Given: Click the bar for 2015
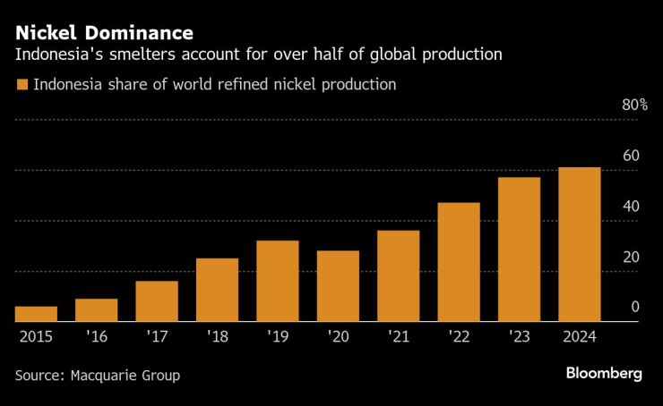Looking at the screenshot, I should coord(36,314).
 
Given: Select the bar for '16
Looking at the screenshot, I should coord(96,310).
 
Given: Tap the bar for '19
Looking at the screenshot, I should coord(277,281).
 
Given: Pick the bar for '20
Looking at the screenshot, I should coord(338,286).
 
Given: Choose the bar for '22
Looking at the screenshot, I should coord(459,262).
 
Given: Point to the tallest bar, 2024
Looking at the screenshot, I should coord(579,244).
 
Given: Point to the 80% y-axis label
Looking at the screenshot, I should coord(634,106).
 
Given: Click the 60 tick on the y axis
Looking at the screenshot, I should coord(631,156).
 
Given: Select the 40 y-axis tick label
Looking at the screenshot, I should coord(631,207).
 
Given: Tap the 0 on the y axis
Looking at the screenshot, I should coord(634,308).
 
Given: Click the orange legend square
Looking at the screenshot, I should coord(21,85).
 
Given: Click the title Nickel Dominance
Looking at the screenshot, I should coord(104,34).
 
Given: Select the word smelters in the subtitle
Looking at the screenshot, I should coord(147,55).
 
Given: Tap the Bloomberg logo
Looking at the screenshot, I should coord(603,374).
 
